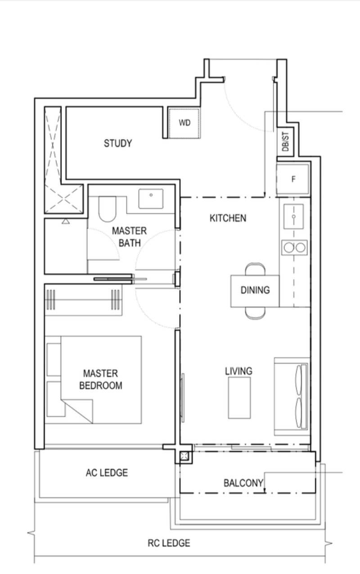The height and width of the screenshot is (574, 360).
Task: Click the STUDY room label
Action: (118, 143)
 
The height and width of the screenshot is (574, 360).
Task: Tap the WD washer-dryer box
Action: (184, 123)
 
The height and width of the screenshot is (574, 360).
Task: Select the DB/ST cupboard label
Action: (285, 142)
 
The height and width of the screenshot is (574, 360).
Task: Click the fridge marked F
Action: (293, 179)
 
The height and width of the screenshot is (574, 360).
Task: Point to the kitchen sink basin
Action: (294, 217)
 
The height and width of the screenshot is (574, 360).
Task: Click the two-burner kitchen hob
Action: (294, 248)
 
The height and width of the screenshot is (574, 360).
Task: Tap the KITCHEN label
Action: (228, 218)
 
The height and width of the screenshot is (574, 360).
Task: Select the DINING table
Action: (255, 291)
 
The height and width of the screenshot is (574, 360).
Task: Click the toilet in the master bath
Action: (108, 209)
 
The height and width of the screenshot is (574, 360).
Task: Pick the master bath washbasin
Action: (151, 199)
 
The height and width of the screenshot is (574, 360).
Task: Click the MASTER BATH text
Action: (130, 237)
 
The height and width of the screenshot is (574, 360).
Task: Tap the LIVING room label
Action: (238, 371)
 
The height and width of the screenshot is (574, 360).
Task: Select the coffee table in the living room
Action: (239, 398)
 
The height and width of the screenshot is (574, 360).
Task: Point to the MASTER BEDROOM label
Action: (100, 379)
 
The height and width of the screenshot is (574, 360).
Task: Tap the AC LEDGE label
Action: (107, 473)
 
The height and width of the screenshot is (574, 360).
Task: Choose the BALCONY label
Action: (243, 483)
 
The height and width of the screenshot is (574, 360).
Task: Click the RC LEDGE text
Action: (169, 543)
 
